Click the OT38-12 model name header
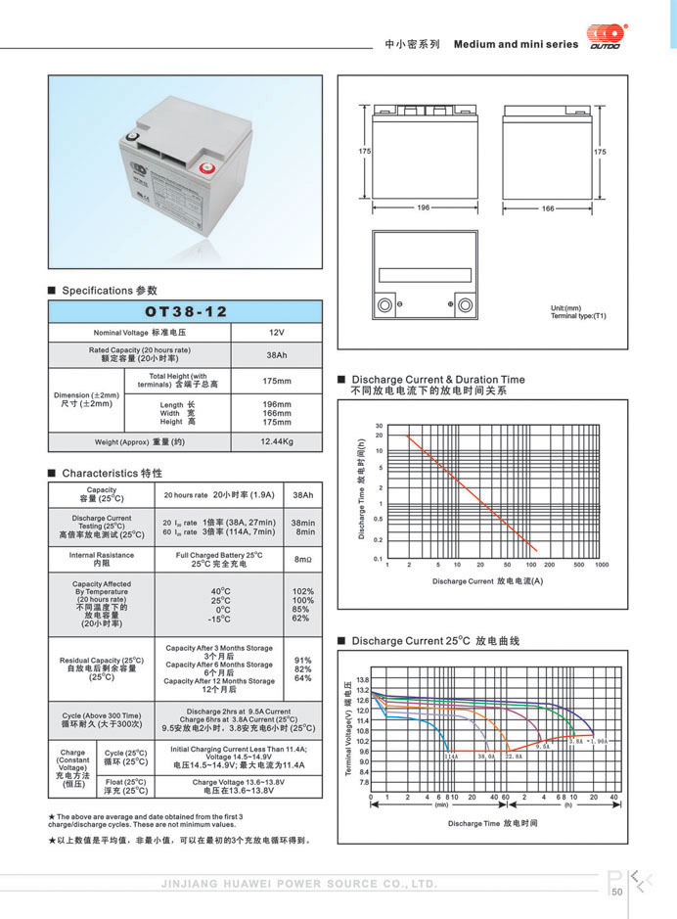(185, 311)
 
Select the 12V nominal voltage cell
(275, 333)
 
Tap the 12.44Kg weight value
(276, 441)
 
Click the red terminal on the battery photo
(206, 166)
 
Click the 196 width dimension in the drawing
(424, 207)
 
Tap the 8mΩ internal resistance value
(302, 558)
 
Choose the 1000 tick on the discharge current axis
(602, 566)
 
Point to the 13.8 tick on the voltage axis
(363, 679)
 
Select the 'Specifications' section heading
(109, 291)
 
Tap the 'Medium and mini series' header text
(516, 44)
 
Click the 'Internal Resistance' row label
(102, 559)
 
